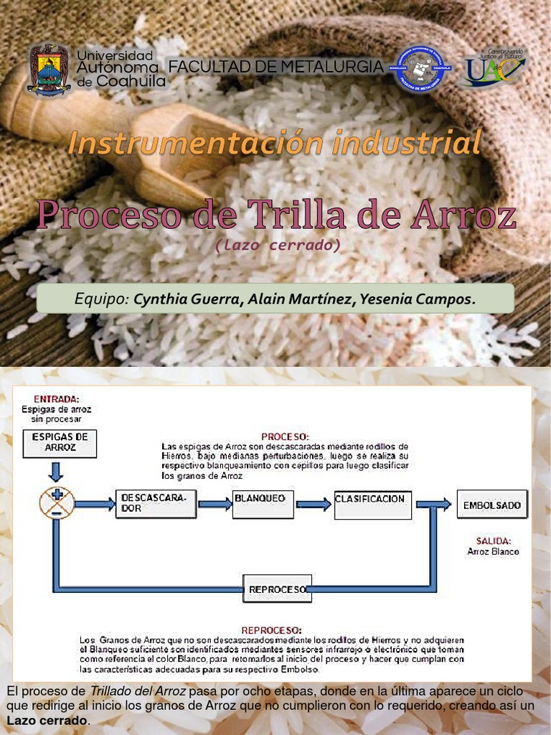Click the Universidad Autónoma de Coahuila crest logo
tap(49, 69)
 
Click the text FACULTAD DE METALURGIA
tap(276, 67)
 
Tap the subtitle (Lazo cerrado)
tap(276, 245)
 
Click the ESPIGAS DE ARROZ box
tap(60, 443)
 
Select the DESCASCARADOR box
tap(156, 504)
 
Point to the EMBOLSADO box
tap(491, 504)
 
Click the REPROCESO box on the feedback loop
tap(277, 589)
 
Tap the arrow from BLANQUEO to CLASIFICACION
tap(314, 504)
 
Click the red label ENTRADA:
tap(57, 399)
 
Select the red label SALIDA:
tap(493, 540)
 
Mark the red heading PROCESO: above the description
tap(285, 436)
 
